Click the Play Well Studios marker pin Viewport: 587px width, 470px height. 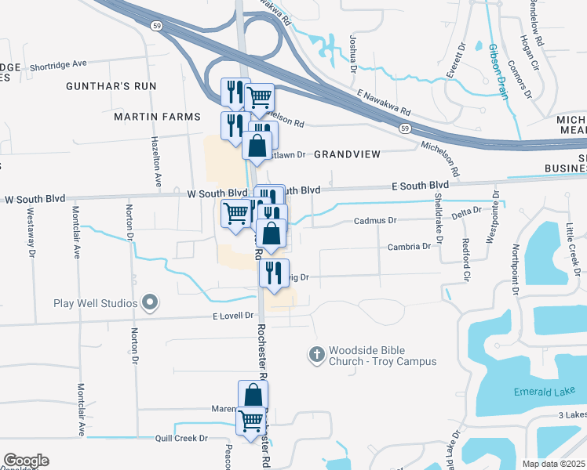(x=151, y=302)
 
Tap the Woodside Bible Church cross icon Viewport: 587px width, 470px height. (x=317, y=355)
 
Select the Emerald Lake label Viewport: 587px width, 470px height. (x=538, y=392)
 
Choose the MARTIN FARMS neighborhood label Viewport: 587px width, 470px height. (x=152, y=117)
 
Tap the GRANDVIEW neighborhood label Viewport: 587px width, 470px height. (x=346, y=155)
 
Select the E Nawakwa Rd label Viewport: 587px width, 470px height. (x=384, y=100)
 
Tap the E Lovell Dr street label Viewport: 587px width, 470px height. (x=234, y=315)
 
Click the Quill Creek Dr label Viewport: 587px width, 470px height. (x=180, y=438)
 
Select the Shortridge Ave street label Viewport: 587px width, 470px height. (x=61, y=67)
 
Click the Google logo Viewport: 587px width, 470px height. (x=26, y=461)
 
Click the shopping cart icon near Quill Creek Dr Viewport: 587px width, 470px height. (x=251, y=421)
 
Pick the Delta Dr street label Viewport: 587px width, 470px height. (x=466, y=211)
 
